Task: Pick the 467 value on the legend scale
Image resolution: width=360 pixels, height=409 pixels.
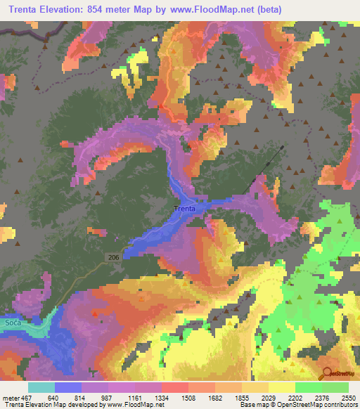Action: point(22,396)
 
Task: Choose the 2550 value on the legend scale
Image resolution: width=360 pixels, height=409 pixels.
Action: point(349,396)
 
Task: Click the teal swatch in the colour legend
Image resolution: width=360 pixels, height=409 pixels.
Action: point(41,387)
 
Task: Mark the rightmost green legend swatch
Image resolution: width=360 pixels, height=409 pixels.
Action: point(335,387)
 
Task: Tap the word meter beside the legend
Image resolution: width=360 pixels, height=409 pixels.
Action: point(8,396)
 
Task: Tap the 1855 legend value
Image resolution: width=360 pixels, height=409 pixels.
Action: point(227,396)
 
